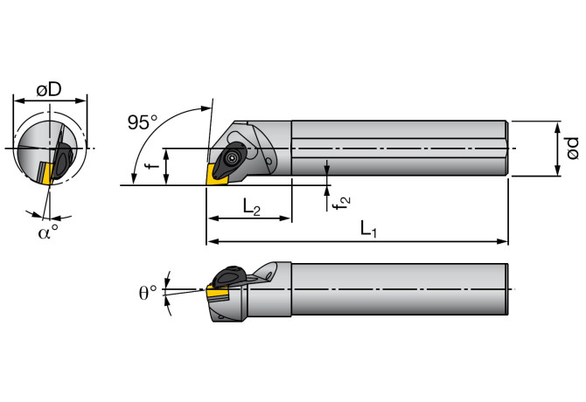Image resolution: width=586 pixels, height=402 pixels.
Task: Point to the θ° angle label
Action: [150, 291]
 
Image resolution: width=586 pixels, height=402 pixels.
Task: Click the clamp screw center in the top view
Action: [232, 157]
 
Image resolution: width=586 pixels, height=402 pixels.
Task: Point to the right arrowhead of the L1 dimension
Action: [504, 241]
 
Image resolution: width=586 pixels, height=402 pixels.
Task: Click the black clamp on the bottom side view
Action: [231, 276]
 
